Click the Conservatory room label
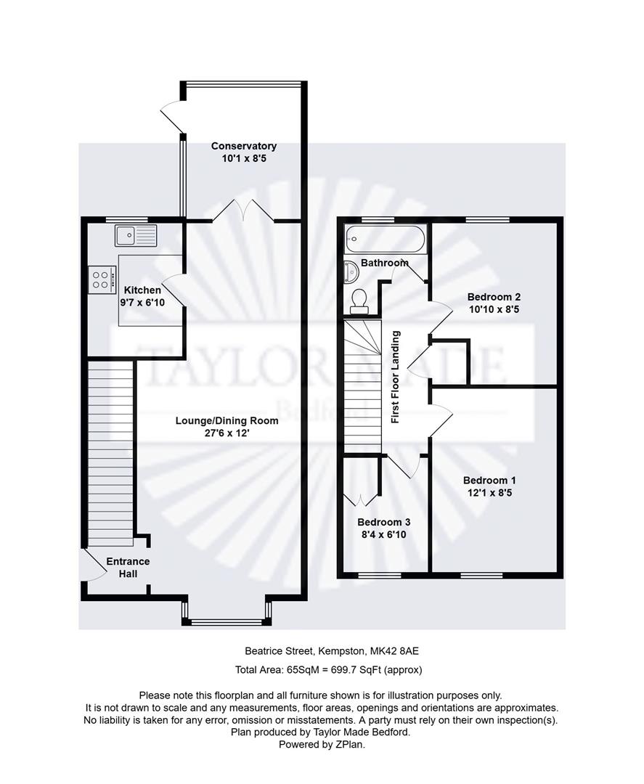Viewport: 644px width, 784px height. click(243, 146)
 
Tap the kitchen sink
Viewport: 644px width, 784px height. click(136, 235)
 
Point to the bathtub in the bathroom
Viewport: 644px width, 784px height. click(385, 239)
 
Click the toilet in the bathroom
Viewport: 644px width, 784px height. click(359, 301)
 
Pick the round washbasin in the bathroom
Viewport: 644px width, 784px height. click(351, 271)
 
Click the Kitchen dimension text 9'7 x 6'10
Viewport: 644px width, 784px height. click(142, 303)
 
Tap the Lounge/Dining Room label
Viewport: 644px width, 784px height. click(227, 420)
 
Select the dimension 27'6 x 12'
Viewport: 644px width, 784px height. click(227, 433)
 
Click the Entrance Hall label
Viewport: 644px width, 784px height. click(128, 568)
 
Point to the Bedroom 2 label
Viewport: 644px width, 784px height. click(494, 297)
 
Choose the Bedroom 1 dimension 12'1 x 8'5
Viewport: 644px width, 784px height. click(489, 492)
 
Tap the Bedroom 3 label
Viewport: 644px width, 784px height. click(384, 522)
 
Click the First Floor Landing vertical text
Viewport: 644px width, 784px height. click(396, 377)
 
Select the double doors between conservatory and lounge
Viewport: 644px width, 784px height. click(243, 210)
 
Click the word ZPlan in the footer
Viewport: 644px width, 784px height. click(350, 745)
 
